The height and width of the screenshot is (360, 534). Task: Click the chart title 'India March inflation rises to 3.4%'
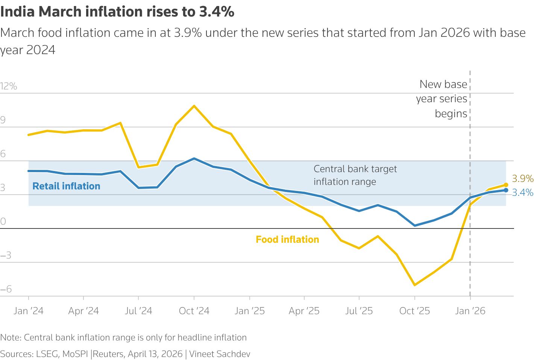click(x=117, y=12)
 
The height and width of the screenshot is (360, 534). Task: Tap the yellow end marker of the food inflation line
click(x=506, y=185)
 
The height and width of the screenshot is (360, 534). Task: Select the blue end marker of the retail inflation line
click(x=506, y=190)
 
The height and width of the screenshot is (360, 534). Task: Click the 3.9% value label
click(x=522, y=178)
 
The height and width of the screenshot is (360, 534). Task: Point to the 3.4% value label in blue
click(x=522, y=193)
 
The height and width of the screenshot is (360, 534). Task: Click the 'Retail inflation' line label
click(x=66, y=186)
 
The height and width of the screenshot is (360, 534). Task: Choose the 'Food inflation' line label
click(x=287, y=239)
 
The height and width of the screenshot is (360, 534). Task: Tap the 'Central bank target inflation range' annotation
click(x=355, y=175)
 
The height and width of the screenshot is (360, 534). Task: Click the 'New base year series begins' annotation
click(x=442, y=99)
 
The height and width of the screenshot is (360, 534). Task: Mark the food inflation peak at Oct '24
click(x=194, y=106)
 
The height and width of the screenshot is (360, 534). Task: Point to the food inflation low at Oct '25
click(x=414, y=285)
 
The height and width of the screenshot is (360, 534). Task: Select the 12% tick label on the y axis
click(x=9, y=86)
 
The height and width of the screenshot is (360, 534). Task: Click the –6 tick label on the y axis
click(x=6, y=289)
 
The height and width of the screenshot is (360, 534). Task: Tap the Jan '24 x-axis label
click(x=29, y=311)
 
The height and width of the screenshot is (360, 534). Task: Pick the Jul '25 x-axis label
click(x=359, y=311)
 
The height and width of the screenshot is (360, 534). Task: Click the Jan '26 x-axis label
click(x=470, y=311)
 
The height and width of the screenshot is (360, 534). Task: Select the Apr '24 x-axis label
click(x=83, y=311)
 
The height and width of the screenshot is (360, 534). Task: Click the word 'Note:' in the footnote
click(x=11, y=337)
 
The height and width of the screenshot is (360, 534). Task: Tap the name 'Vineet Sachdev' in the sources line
click(x=220, y=354)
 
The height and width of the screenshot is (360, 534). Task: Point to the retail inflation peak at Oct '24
click(x=194, y=159)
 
